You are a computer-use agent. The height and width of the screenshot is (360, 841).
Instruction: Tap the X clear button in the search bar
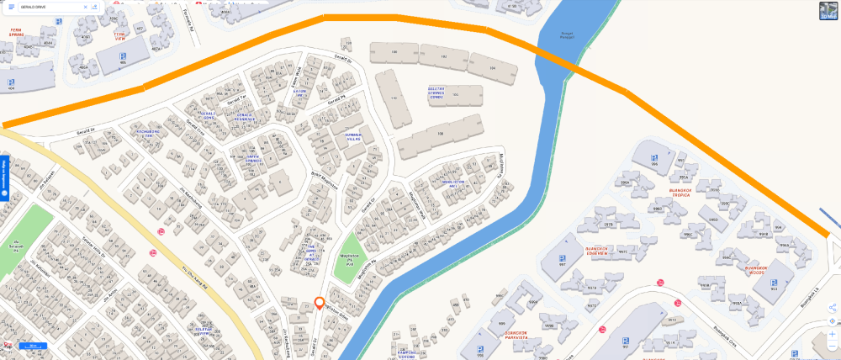click(85, 7)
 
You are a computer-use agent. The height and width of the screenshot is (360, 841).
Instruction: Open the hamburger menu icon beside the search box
click(12, 7)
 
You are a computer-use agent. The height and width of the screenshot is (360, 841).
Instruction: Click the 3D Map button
click(829, 11)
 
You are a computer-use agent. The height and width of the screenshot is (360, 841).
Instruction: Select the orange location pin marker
click(320, 304)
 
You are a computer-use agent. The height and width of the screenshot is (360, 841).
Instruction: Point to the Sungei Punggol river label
click(548, 35)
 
